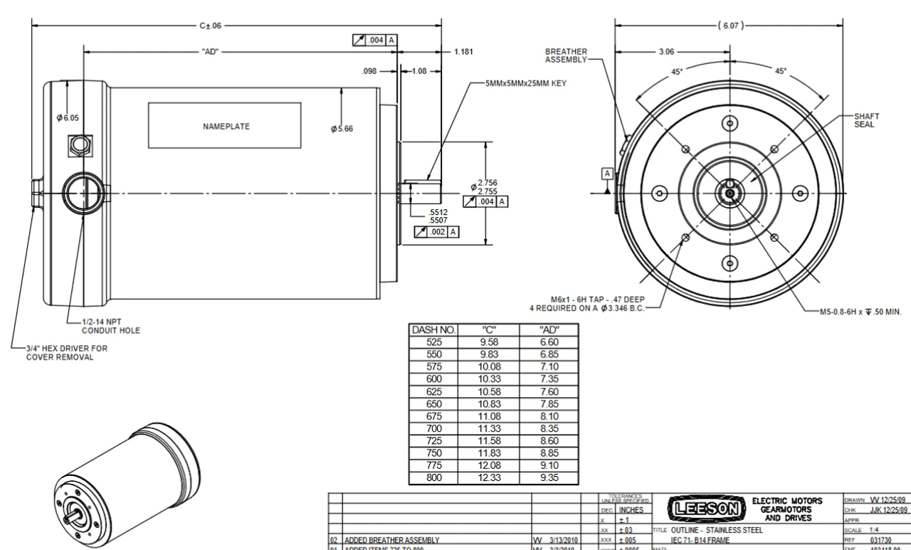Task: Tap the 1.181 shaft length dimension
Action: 463,52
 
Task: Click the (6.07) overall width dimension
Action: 727,26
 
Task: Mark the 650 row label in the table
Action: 435,403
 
